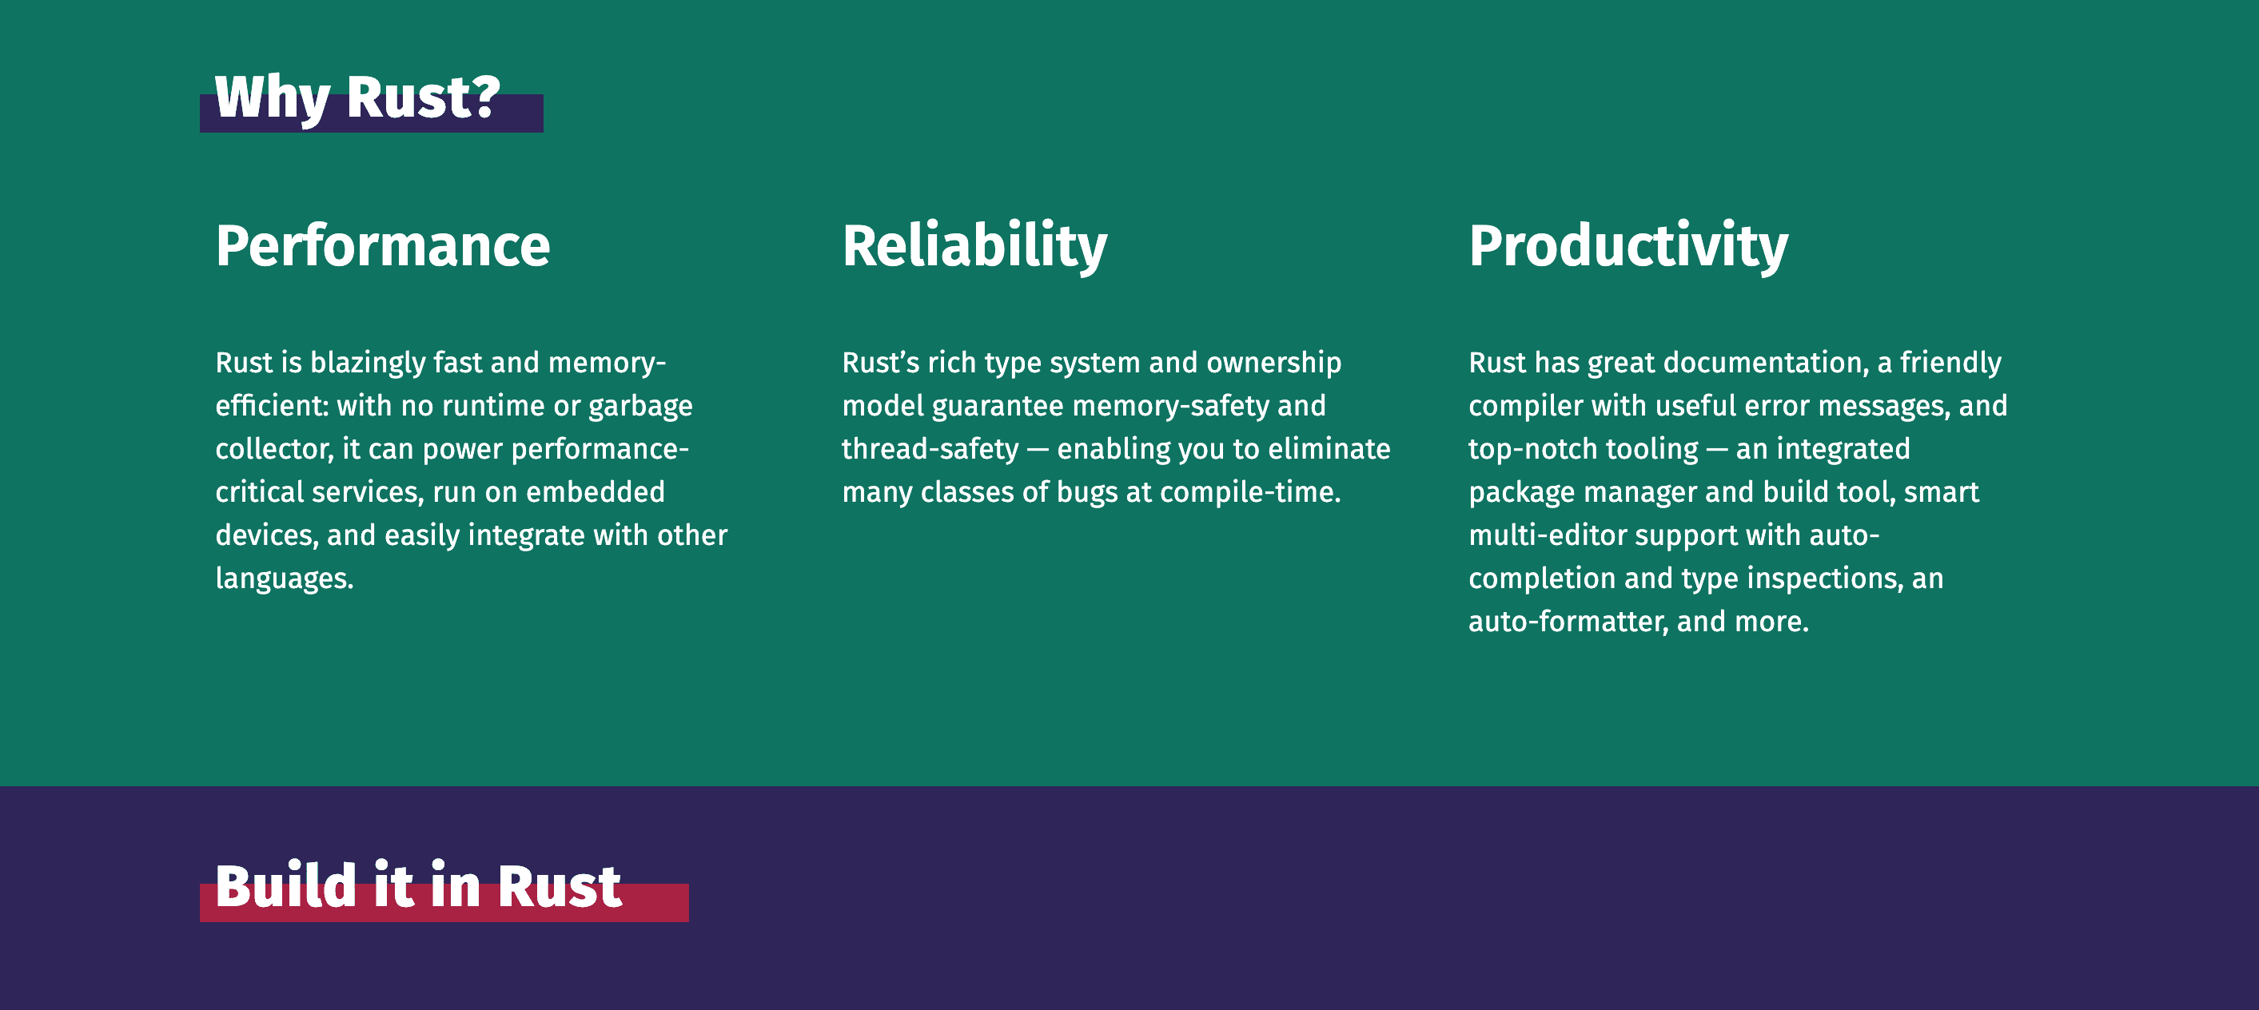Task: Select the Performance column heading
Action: tap(383, 246)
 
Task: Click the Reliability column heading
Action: tap(974, 246)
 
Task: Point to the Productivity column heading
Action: tap(1628, 246)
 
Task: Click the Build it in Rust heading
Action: tap(418, 886)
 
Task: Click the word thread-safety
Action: tap(930, 449)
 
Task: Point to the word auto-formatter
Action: tap(1569, 622)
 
